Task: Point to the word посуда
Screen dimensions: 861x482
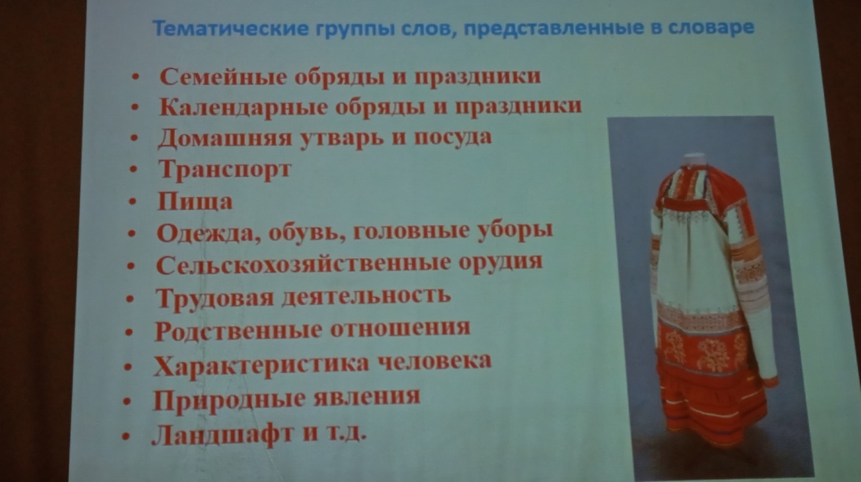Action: click(453, 137)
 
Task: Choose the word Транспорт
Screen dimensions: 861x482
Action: click(225, 169)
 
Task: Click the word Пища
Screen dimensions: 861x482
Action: click(195, 201)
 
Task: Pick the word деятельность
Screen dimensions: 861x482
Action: click(366, 296)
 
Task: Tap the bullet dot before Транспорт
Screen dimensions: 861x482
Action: click(133, 169)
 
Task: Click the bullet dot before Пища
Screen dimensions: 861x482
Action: click(133, 201)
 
